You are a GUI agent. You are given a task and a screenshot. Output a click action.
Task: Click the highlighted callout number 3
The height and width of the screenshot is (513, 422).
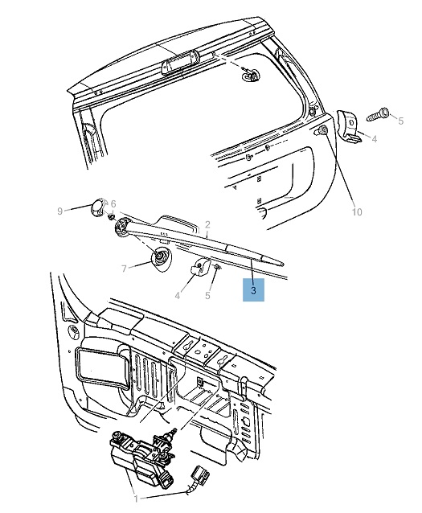[253, 290]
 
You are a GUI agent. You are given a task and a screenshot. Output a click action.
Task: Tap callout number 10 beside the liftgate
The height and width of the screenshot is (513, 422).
[357, 212]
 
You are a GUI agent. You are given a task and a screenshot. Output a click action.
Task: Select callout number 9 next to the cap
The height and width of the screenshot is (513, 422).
[59, 211]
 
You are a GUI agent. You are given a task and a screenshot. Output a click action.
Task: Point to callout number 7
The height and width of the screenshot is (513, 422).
[124, 269]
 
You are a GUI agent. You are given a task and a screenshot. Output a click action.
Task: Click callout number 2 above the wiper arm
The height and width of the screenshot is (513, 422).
[207, 225]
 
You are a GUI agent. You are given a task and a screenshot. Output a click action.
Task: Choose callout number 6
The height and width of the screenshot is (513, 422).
[113, 203]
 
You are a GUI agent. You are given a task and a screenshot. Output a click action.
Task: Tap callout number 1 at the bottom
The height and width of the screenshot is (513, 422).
[136, 499]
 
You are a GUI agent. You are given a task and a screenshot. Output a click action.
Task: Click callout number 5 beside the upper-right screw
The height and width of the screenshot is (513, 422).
[401, 121]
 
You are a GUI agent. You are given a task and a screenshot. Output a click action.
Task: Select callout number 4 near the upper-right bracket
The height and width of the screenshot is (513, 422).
[375, 139]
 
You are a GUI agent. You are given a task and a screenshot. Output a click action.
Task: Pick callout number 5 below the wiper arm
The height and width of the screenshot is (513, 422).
[207, 295]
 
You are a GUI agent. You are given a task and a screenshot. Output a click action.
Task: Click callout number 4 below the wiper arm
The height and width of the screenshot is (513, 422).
[178, 295]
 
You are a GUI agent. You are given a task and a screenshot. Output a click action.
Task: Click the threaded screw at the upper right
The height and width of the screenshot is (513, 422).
[378, 115]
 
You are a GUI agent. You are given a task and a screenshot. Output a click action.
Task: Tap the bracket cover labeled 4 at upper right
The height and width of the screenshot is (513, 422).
[349, 126]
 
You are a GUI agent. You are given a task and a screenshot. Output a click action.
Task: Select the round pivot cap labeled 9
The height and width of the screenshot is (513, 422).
[97, 207]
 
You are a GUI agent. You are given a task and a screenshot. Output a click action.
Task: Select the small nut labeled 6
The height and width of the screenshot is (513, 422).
[112, 216]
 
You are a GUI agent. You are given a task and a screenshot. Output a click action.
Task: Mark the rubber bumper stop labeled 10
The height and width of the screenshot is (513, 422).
[322, 130]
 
